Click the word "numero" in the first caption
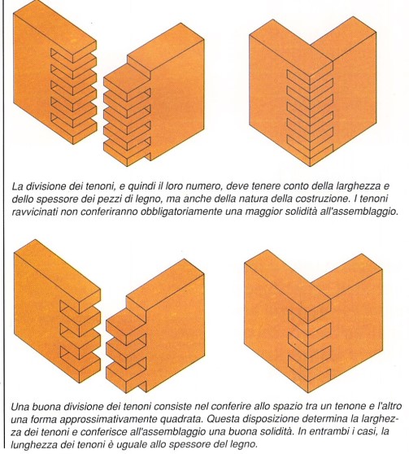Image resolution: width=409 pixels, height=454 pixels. [200, 186]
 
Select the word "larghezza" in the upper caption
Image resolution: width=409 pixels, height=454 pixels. [359, 186]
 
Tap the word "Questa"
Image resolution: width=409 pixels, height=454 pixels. [222, 419]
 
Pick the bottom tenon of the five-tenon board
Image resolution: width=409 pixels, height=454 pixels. [127, 150]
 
